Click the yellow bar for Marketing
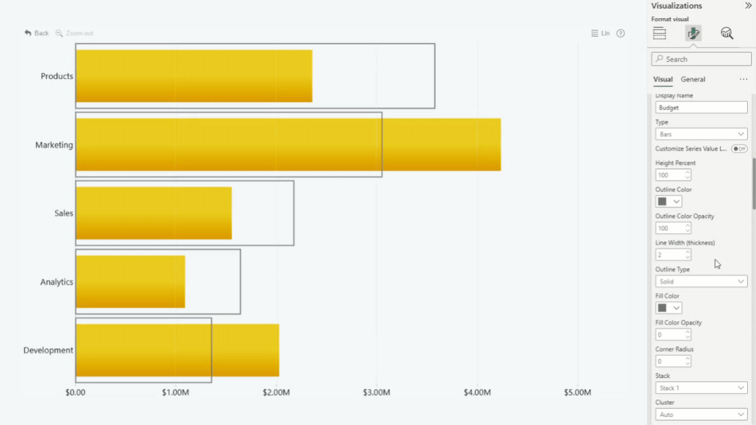coord(288,145)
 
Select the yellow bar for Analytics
coord(130,282)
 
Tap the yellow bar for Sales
coord(154,213)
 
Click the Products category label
coord(57,76)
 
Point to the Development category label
coord(48,350)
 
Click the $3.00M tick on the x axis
coord(376,393)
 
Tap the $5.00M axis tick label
coord(577,393)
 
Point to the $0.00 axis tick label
coord(76,393)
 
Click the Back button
coord(37,33)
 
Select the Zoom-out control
coord(74,33)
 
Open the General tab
coord(693,79)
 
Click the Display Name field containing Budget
coord(701,107)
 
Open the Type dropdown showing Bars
coord(701,134)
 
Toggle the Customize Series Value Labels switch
coord(739,149)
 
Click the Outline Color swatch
coord(669,201)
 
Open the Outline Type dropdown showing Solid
coord(701,282)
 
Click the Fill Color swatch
coord(669,308)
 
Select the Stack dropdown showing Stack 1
coord(701,388)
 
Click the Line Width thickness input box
coord(670,255)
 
